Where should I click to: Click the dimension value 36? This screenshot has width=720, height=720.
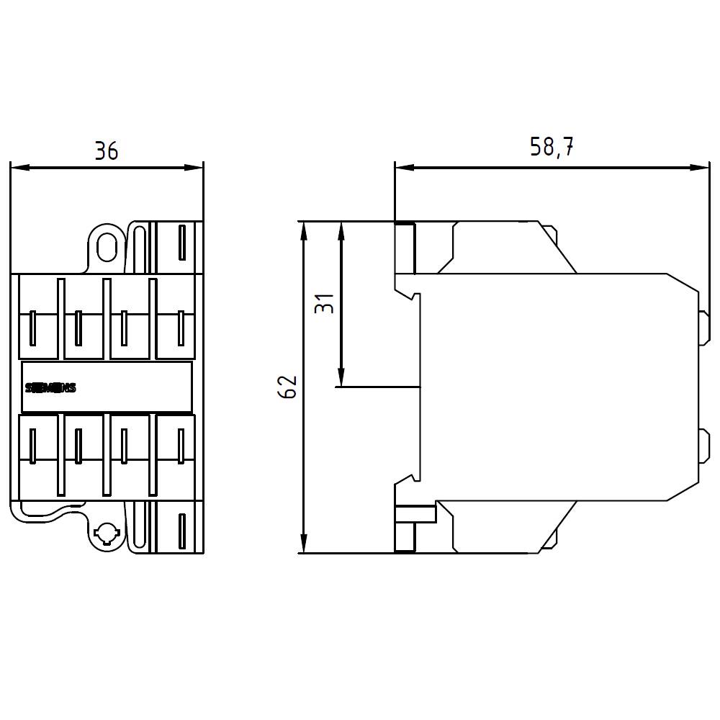106,151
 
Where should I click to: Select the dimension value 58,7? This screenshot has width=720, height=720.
552,147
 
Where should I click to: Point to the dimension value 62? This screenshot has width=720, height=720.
288,387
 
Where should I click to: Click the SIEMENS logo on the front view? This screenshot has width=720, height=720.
50,388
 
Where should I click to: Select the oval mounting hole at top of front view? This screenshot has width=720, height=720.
107,246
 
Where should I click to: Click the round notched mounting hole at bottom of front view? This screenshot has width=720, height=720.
106,534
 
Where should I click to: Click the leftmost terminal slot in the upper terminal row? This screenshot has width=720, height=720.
33,328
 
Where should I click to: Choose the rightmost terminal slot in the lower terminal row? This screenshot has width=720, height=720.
181,444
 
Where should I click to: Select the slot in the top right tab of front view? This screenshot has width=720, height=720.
181,242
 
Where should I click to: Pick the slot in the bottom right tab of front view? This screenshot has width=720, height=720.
181,532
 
